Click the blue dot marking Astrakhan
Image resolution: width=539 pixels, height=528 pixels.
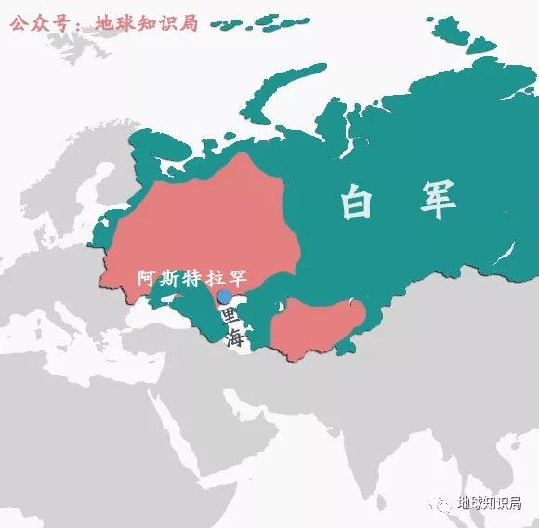(224, 297)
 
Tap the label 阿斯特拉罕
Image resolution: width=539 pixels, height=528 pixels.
(192, 278)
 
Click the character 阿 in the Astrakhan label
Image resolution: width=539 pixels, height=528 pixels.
(147, 278)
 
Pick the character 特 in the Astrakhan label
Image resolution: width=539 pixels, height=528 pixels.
(192, 278)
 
